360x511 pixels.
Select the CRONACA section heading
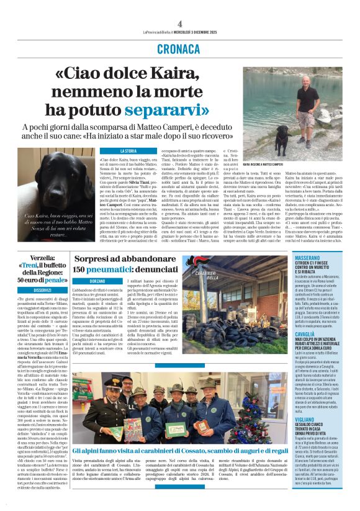pyautogui.click(x=180, y=48)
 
